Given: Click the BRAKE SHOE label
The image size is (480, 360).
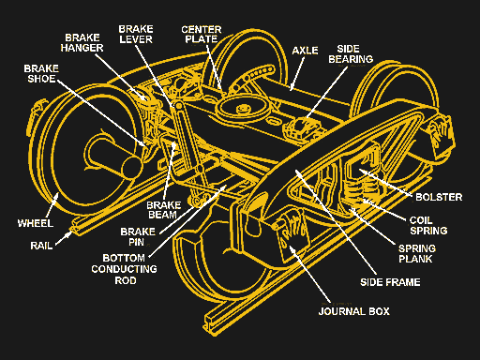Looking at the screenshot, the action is [41, 74].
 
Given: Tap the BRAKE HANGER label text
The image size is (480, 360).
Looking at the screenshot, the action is [82, 43].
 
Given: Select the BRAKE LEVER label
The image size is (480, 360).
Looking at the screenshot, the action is [136, 35].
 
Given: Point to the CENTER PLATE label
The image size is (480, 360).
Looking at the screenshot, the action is [202, 35].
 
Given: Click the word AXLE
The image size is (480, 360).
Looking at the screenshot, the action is [305, 51].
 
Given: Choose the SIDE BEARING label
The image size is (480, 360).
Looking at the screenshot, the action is [351, 54].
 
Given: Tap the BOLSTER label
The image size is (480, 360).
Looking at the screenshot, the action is [439, 197].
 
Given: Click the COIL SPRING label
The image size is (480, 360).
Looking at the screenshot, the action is [428, 225].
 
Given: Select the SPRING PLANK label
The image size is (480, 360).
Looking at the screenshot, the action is [417, 254].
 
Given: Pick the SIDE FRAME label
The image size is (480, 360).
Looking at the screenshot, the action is [390, 282].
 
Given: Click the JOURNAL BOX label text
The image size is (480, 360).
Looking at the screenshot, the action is [354, 311].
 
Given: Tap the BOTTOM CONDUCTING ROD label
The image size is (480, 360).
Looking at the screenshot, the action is [124, 269].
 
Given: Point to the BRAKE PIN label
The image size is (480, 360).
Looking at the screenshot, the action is [138, 236].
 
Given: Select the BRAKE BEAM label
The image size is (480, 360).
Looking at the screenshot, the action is [164, 210].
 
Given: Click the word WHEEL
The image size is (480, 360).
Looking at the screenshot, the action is [36, 223].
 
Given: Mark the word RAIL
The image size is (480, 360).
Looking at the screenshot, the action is [41, 246].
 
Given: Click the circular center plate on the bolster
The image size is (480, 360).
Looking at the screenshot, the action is [241, 108].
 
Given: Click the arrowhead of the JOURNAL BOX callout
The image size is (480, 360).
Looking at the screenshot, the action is [292, 248].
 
